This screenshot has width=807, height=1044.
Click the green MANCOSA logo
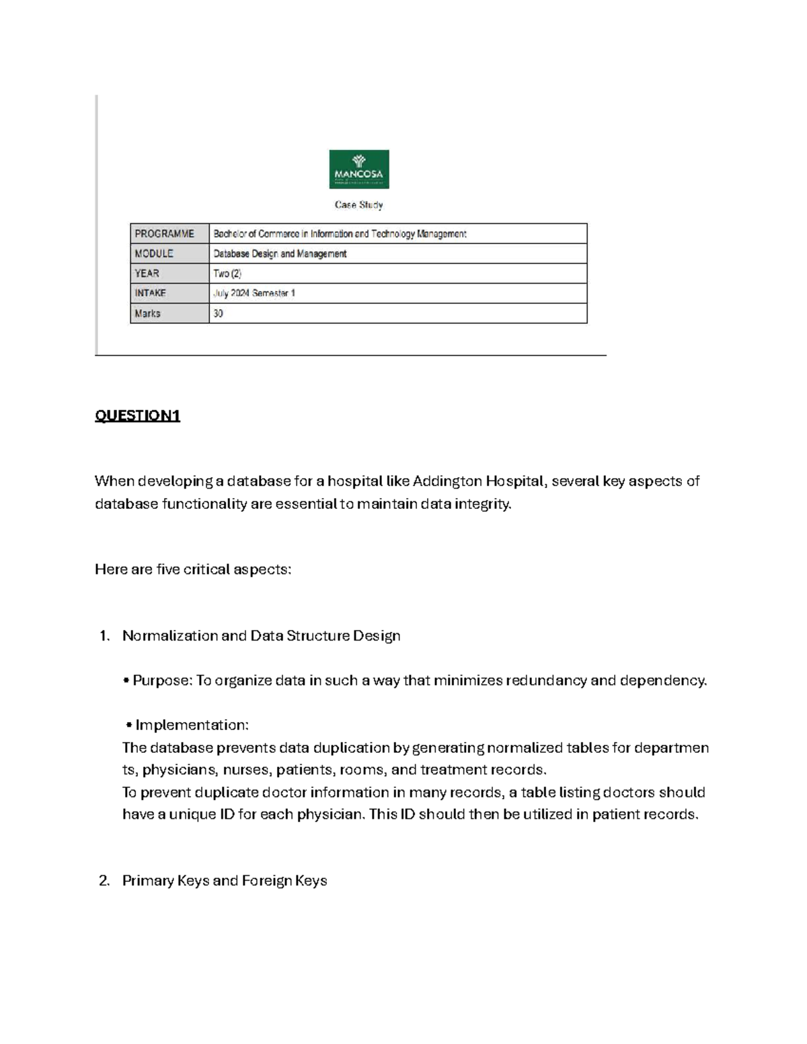[x=358, y=169]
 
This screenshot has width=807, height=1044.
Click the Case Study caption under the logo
[x=358, y=205]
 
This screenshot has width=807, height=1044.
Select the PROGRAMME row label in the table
[x=165, y=234]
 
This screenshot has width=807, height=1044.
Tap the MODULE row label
[x=154, y=253]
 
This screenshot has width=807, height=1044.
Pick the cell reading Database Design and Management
[x=280, y=253]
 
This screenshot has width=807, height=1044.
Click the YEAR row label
[x=147, y=274]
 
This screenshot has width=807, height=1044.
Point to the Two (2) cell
[x=227, y=274]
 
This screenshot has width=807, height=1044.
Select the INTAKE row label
[x=151, y=293]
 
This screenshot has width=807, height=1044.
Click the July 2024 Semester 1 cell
[x=254, y=293]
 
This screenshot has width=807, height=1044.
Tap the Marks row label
[x=148, y=313]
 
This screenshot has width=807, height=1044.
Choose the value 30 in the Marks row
[x=219, y=313]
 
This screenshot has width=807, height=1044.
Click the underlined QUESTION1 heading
[x=138, y=415]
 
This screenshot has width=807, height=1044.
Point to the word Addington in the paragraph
[x=444, y=481]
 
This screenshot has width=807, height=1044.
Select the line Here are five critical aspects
[x=193, y=569]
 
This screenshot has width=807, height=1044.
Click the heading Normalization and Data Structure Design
[x=261, y=635]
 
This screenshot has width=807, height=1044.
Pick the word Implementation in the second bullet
[x=192, y=725]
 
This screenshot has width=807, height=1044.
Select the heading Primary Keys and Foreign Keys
[x=225, y=881]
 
